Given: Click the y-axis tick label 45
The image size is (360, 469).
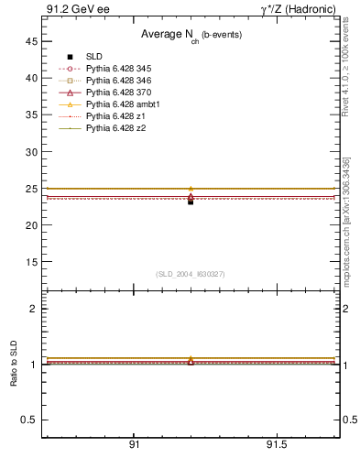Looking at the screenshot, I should [x=30, y=41].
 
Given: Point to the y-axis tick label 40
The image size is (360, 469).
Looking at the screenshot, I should [x=30, y=78].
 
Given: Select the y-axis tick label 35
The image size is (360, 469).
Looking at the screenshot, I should [x=30, y=115].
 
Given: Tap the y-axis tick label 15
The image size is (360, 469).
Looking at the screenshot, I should [x=30, y=261].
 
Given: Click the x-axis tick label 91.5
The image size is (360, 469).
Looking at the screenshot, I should [x=276, y=446].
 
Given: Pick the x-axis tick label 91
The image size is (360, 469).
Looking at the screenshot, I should [x=134, y=446].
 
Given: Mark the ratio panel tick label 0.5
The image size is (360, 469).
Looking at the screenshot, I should [x=28, y=420].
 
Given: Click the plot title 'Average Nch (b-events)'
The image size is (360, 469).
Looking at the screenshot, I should [x=185, y=35].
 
